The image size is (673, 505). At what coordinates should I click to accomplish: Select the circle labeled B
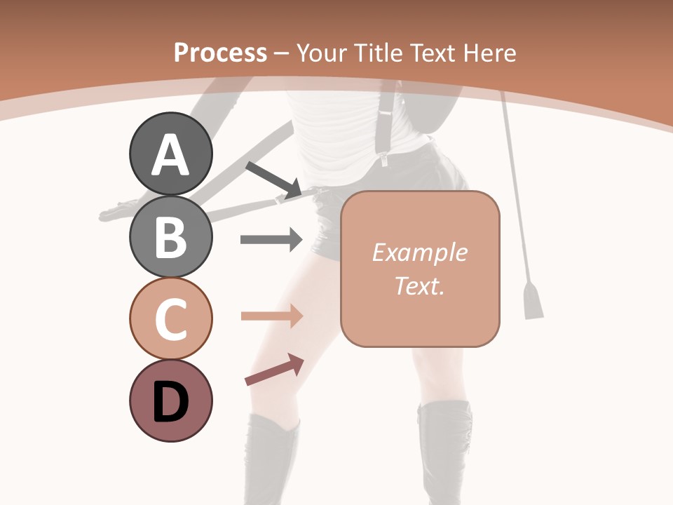(170, 236)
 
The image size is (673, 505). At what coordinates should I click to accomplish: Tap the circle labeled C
(170, 318)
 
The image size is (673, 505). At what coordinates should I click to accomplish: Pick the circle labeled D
(170, 401)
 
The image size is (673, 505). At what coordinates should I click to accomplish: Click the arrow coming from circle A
(273, 179)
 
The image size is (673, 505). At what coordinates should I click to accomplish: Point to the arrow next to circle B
(271, 240)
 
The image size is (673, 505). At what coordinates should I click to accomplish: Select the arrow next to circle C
(271, 316)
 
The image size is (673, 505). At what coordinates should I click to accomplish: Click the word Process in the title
(220, 53)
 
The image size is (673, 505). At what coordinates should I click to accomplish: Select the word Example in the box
(419, 252)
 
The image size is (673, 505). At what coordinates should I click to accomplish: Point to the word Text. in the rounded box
(419, 285)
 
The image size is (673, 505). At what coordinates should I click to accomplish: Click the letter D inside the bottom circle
(170, 403)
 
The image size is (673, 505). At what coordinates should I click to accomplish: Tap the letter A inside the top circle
(170, 156)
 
